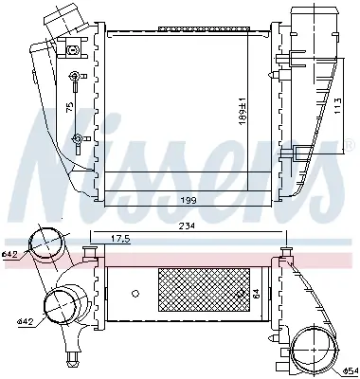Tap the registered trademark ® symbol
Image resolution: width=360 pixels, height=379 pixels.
point(337,144)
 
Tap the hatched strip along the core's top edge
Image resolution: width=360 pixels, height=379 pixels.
point(181,28)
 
